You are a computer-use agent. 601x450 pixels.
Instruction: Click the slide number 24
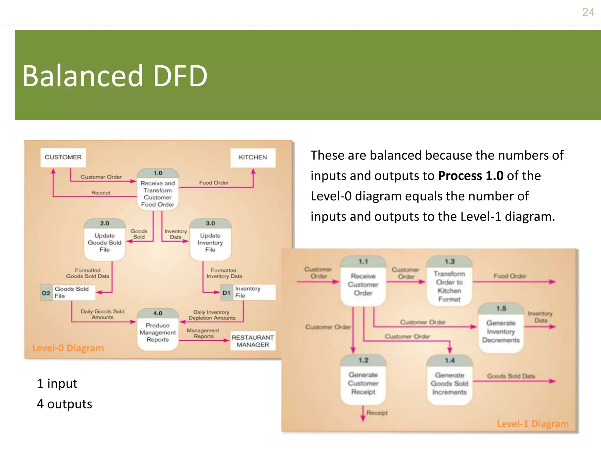(x=588, y=12)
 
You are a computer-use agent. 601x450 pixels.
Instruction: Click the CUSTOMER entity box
(x=63, y=157)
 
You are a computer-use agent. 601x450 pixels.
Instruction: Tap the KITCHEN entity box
(x=253, y=157)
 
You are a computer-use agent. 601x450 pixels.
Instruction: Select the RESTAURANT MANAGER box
(x=253, y=341)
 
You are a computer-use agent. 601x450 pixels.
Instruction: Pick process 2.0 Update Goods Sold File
(x=104, y=240)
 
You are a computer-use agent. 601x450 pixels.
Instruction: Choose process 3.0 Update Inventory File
(x=210, y=240)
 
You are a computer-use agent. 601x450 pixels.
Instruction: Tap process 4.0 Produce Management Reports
(x=158, y=330)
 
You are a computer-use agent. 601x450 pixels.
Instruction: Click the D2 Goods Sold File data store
(x=68, y=292)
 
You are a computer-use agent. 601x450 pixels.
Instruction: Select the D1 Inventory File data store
(x=248, y=292)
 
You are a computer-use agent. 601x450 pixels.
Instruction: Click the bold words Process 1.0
(x=470, y=176)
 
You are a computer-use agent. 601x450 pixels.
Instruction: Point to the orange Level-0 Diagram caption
(x=68, y=348)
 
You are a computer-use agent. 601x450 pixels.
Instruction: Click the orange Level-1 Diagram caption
(x=532, y=424)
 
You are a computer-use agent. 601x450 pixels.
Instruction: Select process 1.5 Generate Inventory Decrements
(x=501, y=328)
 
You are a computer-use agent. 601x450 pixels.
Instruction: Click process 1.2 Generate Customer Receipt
(x=363, y=380)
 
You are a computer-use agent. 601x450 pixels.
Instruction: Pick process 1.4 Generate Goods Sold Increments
(x=449, y=380)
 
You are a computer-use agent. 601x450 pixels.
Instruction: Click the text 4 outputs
(x=65, y=404)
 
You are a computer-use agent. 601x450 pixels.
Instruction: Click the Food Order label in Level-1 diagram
(x=510, y=276)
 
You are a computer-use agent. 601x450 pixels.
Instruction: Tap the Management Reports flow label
(x=203, y=333)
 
